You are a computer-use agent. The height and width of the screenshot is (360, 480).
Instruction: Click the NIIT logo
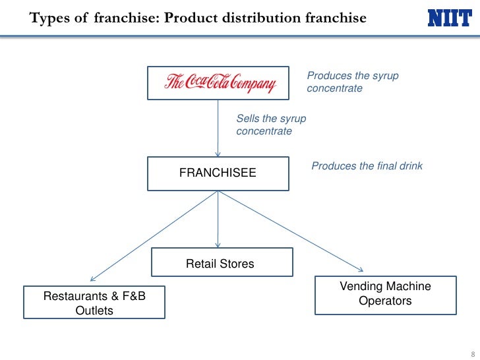(x=450, y=18)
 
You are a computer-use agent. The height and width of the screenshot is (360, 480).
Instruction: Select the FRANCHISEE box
(x=218, y=173)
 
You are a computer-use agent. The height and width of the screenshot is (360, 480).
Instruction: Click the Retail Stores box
(x=222, y=263)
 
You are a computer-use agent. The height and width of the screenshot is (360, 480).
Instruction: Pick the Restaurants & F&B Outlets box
(x=94, y=303)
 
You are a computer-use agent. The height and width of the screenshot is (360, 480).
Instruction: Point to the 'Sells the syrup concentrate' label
(x=271, y=125)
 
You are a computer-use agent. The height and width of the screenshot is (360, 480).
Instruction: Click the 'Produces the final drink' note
(x=367, y=166)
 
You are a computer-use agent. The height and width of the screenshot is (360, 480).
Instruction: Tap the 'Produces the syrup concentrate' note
(x=353, y=82)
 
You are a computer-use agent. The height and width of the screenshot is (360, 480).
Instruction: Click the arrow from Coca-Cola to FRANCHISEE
(x=218, y=129)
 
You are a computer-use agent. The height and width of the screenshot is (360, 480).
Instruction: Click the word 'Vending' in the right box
(x=361, y=286)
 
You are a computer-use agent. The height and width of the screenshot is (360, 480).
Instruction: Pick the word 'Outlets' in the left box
(x=94, y=310)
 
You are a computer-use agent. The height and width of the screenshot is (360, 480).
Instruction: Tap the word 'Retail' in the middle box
(x=201, y=264)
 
